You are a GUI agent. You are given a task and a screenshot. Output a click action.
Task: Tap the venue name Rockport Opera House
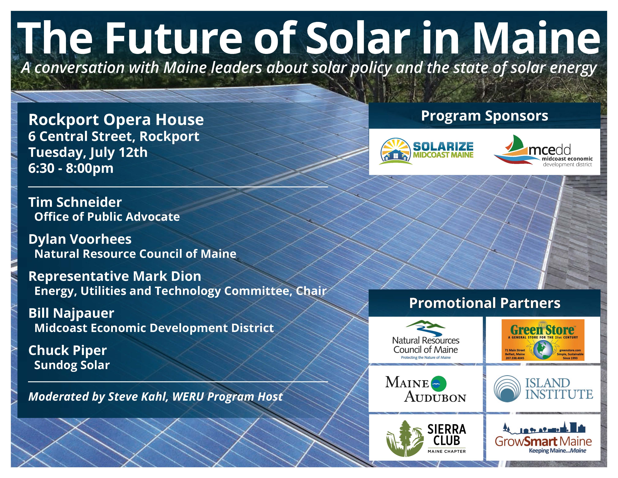pos(116,120)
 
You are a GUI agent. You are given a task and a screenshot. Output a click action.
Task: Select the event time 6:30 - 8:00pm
pos(71,168)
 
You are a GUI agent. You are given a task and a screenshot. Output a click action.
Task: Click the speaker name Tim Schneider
pos(75,202)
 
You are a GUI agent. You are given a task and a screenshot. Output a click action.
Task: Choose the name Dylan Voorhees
pos(80,239)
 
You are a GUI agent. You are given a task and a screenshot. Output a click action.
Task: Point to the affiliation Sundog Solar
pos(72,365)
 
